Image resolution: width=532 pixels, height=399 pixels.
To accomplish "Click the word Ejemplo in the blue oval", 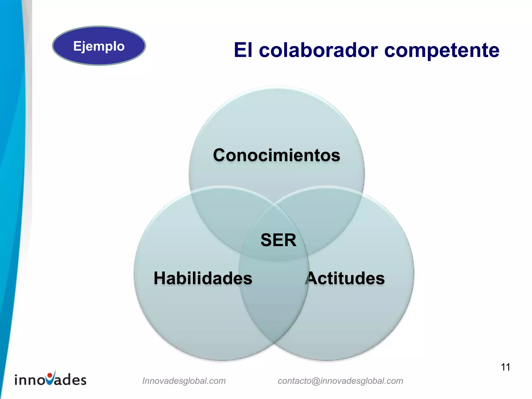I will point(99,46).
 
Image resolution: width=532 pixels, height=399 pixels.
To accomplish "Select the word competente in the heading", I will point(442,51).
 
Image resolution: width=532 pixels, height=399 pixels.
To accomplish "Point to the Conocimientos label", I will point(276,155).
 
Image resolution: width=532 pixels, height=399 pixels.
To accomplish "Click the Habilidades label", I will point(203,278).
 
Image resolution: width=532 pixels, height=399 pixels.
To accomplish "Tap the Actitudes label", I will point(345,278).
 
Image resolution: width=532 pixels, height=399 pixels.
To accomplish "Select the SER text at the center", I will point(278,240).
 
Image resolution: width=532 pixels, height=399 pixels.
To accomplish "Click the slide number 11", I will point(505,367).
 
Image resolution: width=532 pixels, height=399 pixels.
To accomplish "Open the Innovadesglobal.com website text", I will point(184,381).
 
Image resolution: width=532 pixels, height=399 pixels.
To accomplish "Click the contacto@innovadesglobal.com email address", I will point(340,381).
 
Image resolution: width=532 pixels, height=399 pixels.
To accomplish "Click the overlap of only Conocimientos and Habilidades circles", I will point(223,216).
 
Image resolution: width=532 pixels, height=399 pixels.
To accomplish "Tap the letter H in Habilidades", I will point(160,278).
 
